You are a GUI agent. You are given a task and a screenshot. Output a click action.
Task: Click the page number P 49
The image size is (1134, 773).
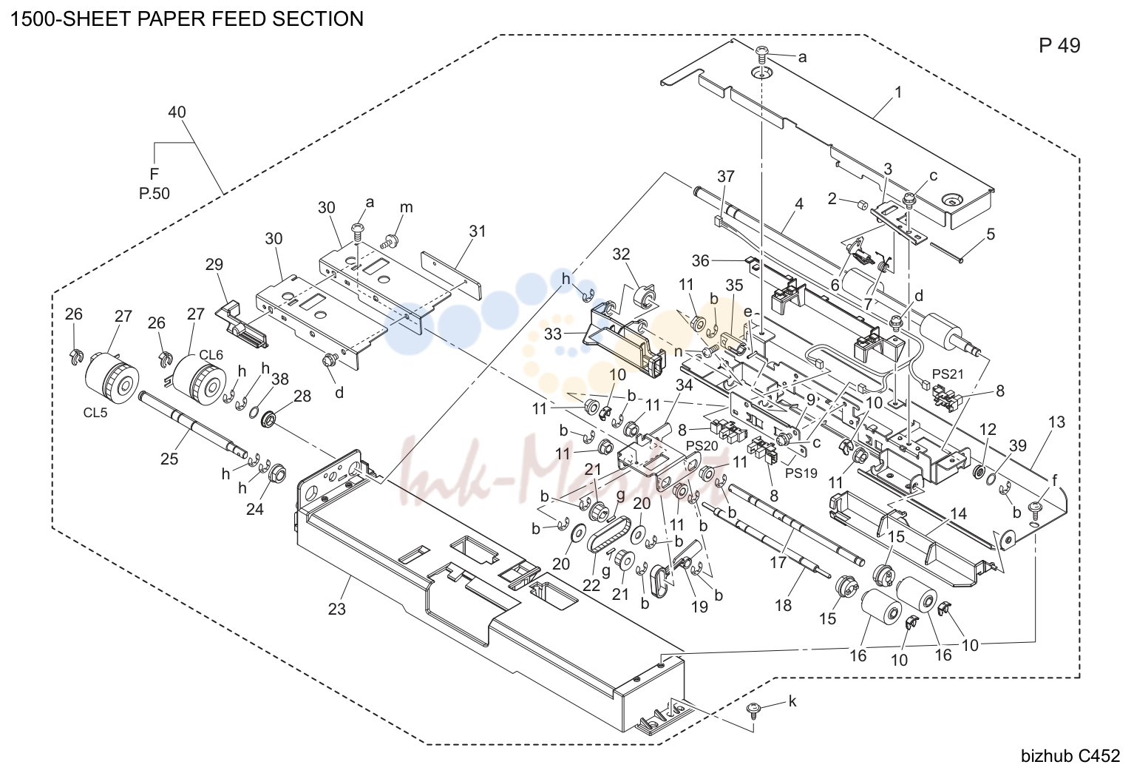click(x=1059, y=46)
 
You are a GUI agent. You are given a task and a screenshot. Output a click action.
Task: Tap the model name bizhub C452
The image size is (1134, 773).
click(x=1070, y=756)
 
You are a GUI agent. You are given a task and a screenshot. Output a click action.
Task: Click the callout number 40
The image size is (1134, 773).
click(x=177, y=112)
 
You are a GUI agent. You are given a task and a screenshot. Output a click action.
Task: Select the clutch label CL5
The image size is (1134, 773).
click(x=95, y=413)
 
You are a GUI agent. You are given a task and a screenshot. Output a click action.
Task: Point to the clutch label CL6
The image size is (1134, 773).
click(x=211, y=354)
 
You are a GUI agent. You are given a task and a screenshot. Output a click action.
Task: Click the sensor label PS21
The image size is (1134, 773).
click(x=948, y=374)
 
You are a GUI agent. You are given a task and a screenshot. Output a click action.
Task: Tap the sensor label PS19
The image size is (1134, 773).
click(x=801, y=473)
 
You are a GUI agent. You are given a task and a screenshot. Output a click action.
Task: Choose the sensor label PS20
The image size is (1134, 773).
click(x=702, y=445)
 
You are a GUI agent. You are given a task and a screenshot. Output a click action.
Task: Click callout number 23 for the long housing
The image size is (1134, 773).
click(x=336, y=609)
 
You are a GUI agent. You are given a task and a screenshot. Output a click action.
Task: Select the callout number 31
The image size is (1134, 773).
click(x=477, y=231)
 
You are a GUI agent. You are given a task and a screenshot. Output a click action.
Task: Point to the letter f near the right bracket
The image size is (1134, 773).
click(x=1054, y=480)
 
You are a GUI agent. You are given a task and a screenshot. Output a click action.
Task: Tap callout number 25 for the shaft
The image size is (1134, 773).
click(x=169, y=459)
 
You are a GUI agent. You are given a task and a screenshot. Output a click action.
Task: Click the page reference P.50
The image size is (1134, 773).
click(x=155, y=194)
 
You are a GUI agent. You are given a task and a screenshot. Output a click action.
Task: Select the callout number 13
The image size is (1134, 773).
click(x=1056, y=422)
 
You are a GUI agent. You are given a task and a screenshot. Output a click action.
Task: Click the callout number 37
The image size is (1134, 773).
click(x=725, y=176)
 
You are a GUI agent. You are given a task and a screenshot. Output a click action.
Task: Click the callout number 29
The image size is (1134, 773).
click(x=214, y=264)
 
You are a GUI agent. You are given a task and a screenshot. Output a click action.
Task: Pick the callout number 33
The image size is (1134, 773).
click(x=553, y=334)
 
